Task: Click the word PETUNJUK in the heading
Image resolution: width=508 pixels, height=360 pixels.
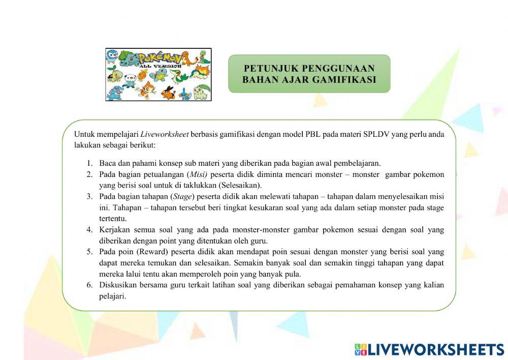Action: coord(271,68)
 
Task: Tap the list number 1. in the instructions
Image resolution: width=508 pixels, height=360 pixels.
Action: coord(89,164)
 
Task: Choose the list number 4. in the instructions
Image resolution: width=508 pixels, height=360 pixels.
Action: coord(89,230)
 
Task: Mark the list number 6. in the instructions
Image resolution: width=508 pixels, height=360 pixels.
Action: coord(89,285)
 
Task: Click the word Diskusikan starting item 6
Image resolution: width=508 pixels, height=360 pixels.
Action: coord(119,285)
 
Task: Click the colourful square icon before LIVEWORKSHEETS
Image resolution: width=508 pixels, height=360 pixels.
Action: coord(360,349)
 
